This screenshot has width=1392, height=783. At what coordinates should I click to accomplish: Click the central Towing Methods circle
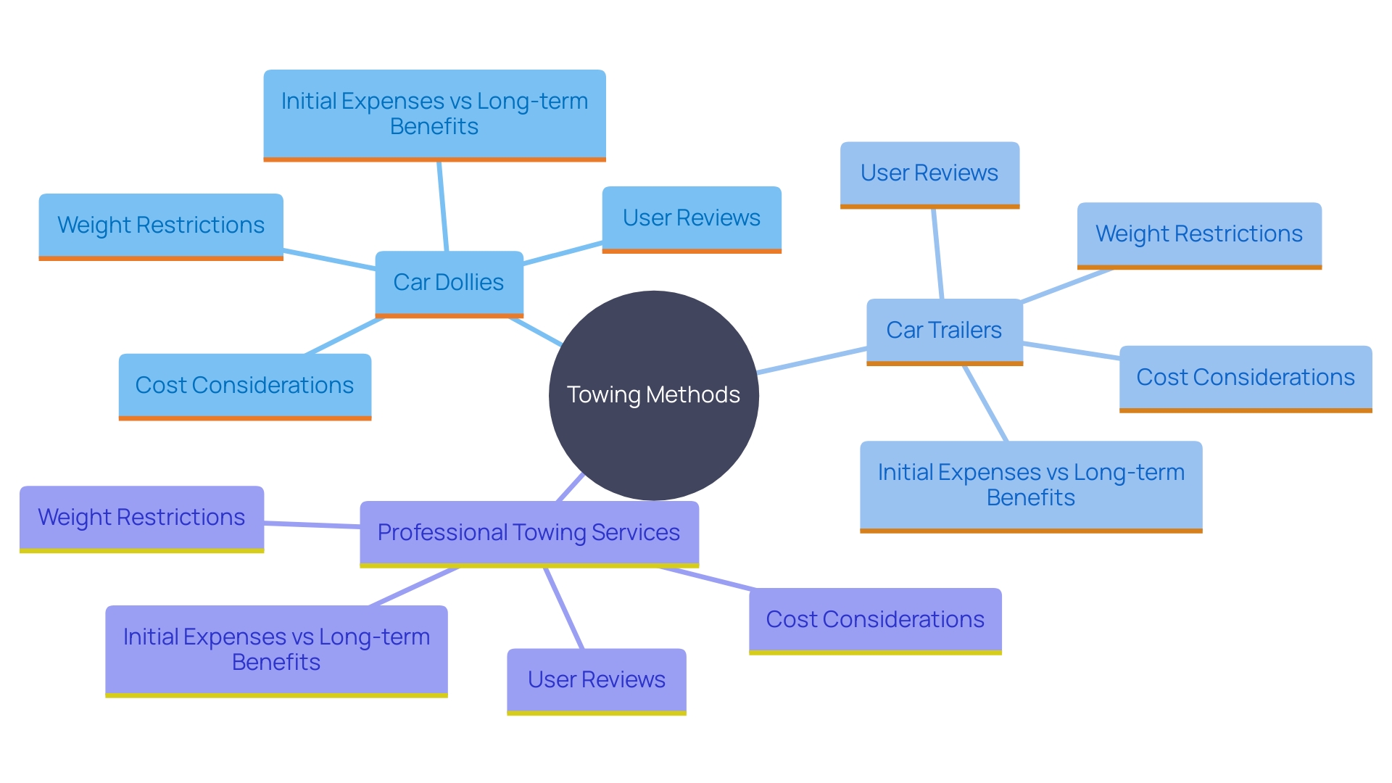pyautogui.click(x=653, y=395)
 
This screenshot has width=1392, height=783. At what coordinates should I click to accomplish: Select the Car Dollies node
pyautogui.click(x=449, y=283)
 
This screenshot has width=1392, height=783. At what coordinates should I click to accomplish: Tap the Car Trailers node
pyautogui.click(x=944, y=331)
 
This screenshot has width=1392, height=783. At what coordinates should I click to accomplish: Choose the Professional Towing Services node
pyautogui.click(x=529, y=533)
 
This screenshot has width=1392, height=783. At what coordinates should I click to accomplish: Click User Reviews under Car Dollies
pyautogui.click(x=691, y=218)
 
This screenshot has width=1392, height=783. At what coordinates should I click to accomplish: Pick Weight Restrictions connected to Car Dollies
pyautogui.click(x=160, y=225)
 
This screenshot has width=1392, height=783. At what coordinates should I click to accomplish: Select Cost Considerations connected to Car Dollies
pyautogui.click(x=244, y=386)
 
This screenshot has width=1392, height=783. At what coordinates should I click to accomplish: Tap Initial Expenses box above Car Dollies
pyautogui.click(x=434, y=114)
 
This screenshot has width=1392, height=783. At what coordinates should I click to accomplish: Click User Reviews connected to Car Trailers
pyautogui.click(x=929, y=173)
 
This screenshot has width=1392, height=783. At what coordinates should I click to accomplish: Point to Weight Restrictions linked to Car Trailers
pyautogui.click(x=1198, y=234)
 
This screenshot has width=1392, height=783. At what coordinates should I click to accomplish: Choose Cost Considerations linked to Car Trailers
pyautogui.click(x=1245, y=378)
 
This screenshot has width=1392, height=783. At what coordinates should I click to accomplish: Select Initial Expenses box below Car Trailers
pyautogui.click(x=1030, y=485)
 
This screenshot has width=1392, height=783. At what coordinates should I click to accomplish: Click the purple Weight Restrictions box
pyautogui.click(x=141, y=518)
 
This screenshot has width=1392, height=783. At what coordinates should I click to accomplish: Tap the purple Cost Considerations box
pyautogui.click(x=874, y=620)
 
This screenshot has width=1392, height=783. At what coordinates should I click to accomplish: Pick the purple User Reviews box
pyautogui.click(x=596, y=680)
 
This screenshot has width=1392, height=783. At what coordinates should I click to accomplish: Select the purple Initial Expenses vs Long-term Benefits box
pyautogui.click(x=276, y=650)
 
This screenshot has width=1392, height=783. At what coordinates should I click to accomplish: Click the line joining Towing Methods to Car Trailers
pyautogui.click(x=812, y=361)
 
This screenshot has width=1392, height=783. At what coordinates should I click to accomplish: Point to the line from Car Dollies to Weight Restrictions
pyautogui.click(x=329, y=260)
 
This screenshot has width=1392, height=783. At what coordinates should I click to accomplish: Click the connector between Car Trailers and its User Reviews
pyautogui.click(x=937, y=254)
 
